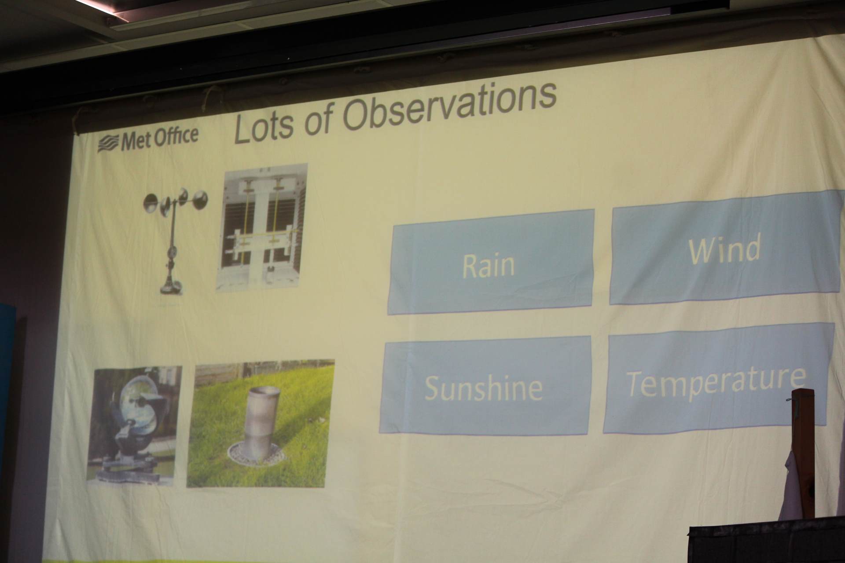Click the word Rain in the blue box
click(489, 265)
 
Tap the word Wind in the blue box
click(724, 249)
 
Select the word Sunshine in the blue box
click(483, 388)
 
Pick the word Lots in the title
click(263, 128)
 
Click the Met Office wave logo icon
click(108, 144)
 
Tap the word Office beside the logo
click(176, 136)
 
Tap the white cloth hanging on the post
click(791, 488)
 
